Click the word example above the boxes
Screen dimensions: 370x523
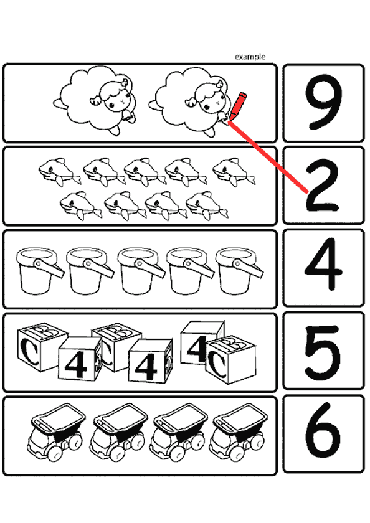tap(250, 57)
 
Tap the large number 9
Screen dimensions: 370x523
tap(323, 103)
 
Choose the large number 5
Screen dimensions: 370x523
tap(322, 352)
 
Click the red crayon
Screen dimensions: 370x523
tap(237, 105)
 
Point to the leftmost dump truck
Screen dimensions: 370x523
tap(57, 433)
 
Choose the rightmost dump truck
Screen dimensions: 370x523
tap(239, 433)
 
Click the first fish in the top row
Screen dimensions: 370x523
tap(59, 171)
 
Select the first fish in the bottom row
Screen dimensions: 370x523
tap(81, 205)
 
